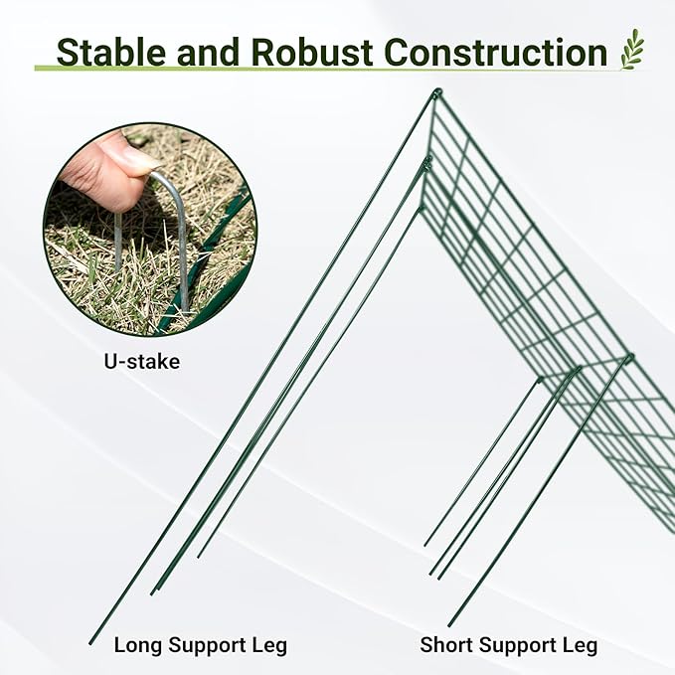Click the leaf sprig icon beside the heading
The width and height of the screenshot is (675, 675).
pos(632,49)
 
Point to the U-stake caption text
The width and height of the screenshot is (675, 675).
pos(142,362)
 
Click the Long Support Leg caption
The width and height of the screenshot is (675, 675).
pos(200,645)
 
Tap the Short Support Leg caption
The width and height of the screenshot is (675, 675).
pos(508,645)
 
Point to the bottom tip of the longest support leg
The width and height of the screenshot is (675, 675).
pos(90,642)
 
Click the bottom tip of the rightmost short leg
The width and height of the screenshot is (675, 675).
pos(449,624)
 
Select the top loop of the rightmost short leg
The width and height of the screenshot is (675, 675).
pos(628,357)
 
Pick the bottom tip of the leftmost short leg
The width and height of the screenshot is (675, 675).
pos(425,545)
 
